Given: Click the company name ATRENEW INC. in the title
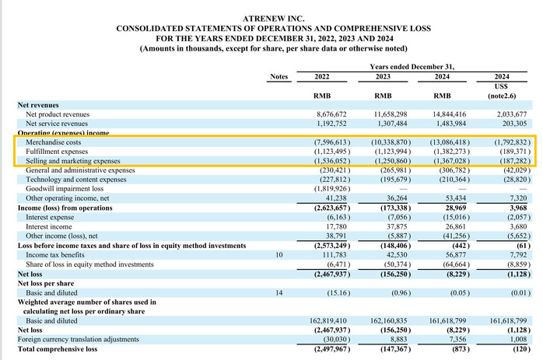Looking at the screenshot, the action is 274,19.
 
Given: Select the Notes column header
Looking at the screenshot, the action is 279,76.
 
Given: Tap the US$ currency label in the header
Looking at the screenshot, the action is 501,86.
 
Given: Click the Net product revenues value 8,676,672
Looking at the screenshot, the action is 331,114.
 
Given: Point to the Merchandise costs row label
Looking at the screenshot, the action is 54,142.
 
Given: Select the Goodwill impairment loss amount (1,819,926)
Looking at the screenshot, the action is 332,189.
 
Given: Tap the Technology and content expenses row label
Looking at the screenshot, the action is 75,180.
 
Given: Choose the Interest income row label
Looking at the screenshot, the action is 49,227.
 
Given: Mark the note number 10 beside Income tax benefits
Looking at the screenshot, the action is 279,255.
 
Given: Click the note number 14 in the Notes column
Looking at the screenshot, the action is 279,293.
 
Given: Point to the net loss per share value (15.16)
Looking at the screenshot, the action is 338,293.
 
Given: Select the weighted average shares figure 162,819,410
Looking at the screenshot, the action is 328,321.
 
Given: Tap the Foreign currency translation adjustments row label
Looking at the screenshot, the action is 79,339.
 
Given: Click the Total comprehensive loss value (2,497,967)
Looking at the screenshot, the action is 332,349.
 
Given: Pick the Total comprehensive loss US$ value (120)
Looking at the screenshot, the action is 522,349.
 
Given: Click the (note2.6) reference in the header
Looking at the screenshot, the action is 502,96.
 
